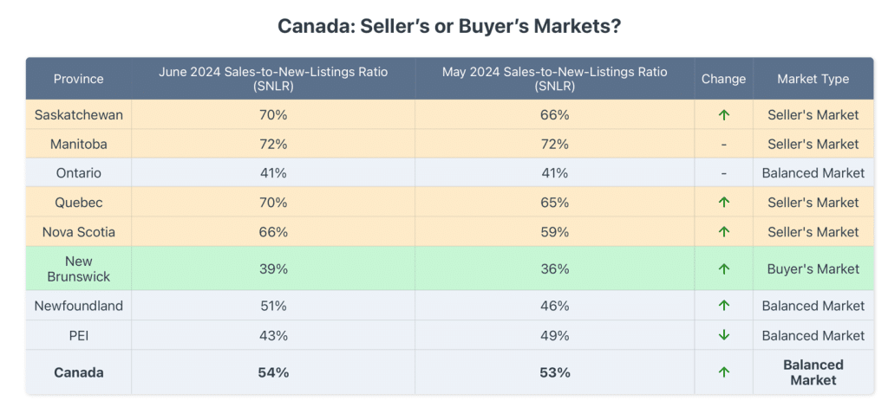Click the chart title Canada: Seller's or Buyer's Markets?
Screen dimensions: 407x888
point(448,26)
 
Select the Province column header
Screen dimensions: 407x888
point(78,79)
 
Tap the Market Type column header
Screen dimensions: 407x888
point(813,79)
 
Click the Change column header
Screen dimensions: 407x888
point(723,79)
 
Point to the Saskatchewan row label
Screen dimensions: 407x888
point(78,114)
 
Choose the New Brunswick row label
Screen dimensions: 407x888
point(78,268)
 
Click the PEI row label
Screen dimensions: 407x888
point(78,335)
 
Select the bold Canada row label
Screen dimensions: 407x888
point(78,372)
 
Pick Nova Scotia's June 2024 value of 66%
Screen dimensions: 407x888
point(273,231)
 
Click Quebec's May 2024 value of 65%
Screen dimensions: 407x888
point(555,203)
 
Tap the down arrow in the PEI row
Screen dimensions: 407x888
point(724,335)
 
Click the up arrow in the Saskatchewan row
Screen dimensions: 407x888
point(724,114)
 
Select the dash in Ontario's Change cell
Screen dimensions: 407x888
point(724,173)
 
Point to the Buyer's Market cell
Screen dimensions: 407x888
point(813,268)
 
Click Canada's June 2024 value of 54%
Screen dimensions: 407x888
point(273,372)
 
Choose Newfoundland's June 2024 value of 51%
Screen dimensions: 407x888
point(273,306)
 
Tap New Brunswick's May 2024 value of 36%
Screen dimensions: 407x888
point(555,268)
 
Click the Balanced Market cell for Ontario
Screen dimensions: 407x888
point(813,173)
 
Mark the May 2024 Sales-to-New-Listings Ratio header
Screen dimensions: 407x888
point(555,79)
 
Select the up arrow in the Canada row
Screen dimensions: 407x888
point(724,372)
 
